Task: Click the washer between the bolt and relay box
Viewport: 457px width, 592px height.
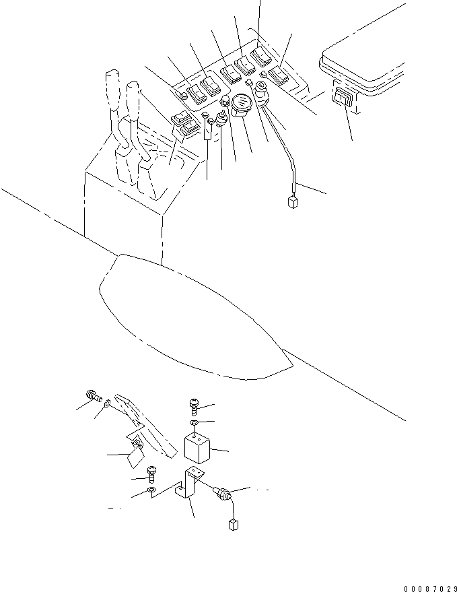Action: [192, 422]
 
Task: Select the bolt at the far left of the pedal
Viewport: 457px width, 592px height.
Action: [93, 397]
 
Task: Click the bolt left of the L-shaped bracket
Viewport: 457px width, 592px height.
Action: [151, 477]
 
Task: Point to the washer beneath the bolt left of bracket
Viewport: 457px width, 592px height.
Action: [152, 491]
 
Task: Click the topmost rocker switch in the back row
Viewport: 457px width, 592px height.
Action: [260, 56]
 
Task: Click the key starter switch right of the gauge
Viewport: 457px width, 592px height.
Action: [262, 101]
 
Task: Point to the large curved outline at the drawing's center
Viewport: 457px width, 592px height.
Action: [195, 317]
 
